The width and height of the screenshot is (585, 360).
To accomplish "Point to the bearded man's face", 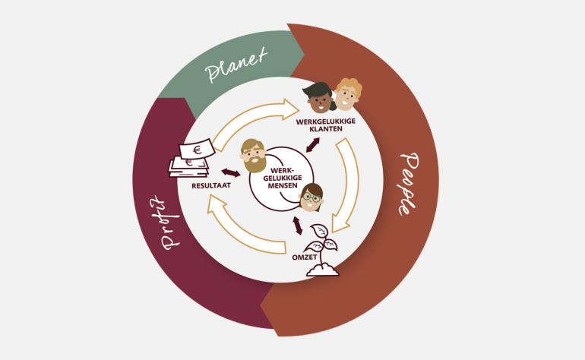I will tap(252, 156).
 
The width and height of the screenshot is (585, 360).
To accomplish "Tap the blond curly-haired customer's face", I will tap(347, 95).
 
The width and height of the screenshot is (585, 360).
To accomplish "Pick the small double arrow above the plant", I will tap(298, 225).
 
